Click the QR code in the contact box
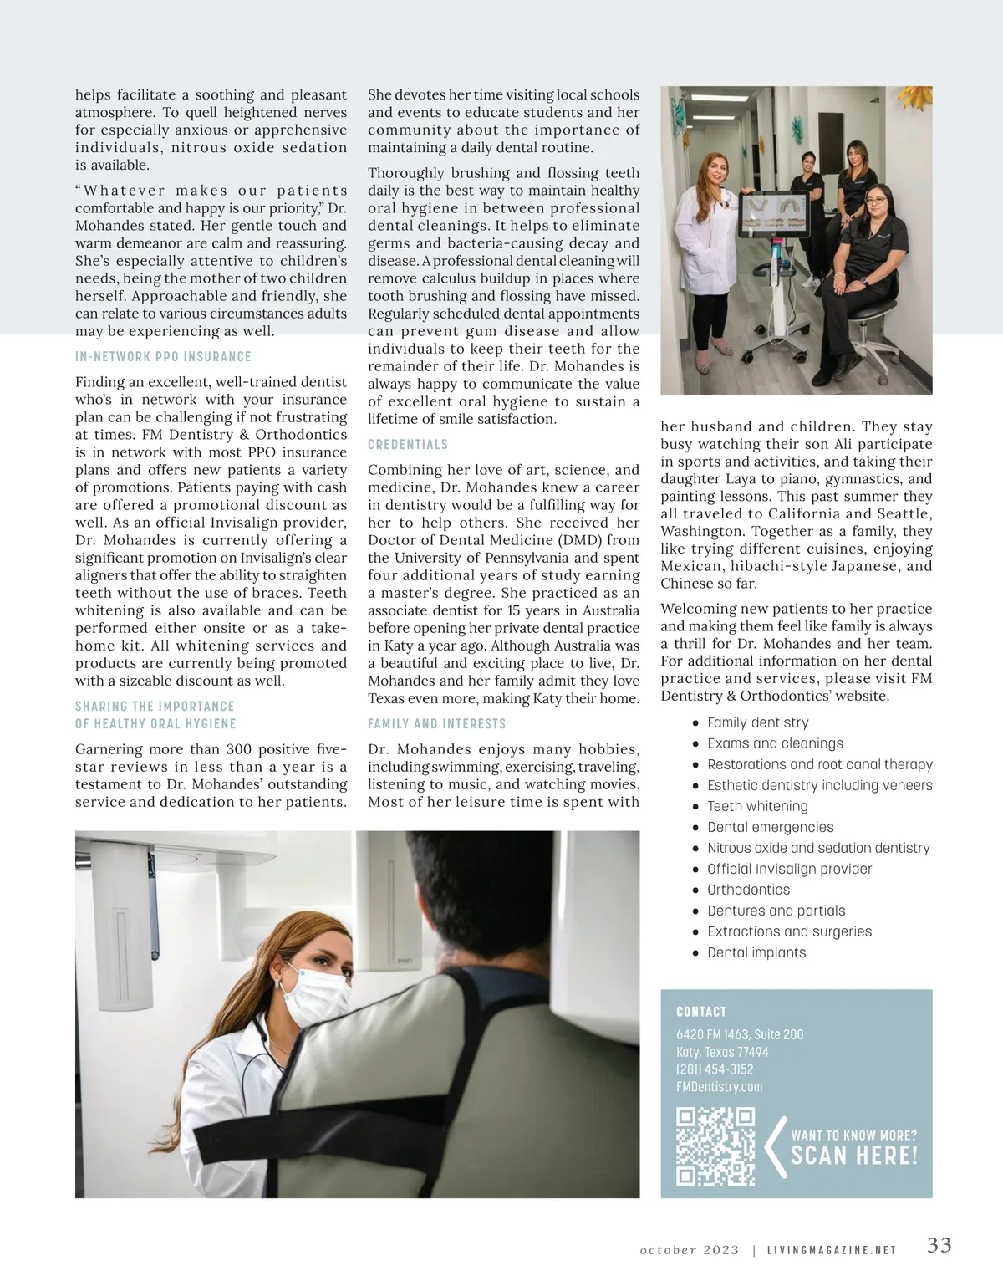pyautogui.click(x=715, y=1146)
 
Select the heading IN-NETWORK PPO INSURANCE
pyautogui.click(x=163, y=356)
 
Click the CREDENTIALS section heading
pyautogui.click(x=408, y=444)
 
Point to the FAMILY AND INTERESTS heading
pyautogui.click(x=436, y=723)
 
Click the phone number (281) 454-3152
pyautogui.click(x=715, y=1069)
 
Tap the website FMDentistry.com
pyautogui.click(x=719, y=1087)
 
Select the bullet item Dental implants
pyautogui.click(x=756, y=952)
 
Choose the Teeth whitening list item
pyautogui.click(x=757, y=806)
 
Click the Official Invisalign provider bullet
pyautogui.click(x=789, y=869)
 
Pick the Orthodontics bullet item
pyautogui.click(x=748, y=890)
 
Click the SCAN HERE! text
pyautogui.click(x=854, y=1156)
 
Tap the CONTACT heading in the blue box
pyautogui.click(x=701, y=1012)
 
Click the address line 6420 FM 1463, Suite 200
pyautogui.click(x=740, y=1034)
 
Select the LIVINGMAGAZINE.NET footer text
pyautogui.click(x=832, y=1251)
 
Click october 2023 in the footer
pyautogui.click(x=690, y=1251)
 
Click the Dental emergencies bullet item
pyautogui.click(x=770, y=827)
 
